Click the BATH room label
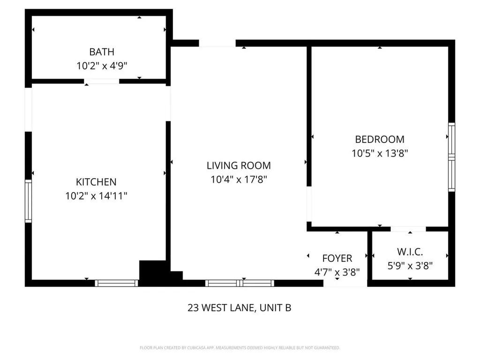(102, 52)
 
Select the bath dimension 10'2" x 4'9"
(102, 66)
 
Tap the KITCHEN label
(96, 182)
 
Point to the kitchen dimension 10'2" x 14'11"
(96, 195)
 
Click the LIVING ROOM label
(239, 165)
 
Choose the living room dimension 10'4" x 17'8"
(239, 179)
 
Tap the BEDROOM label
(380, 139)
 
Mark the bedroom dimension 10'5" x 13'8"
(380, 153)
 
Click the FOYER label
(337, 258)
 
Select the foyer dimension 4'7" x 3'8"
(337, 271)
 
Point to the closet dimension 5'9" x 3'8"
(410, 266)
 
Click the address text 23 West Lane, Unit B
(240, 308)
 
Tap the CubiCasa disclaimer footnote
(240, 348)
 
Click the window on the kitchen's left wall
(28, 201)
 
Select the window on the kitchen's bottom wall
(116, 283)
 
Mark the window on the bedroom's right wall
(451, 157)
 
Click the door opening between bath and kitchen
(102, 82)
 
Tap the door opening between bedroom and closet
(408, 229)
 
